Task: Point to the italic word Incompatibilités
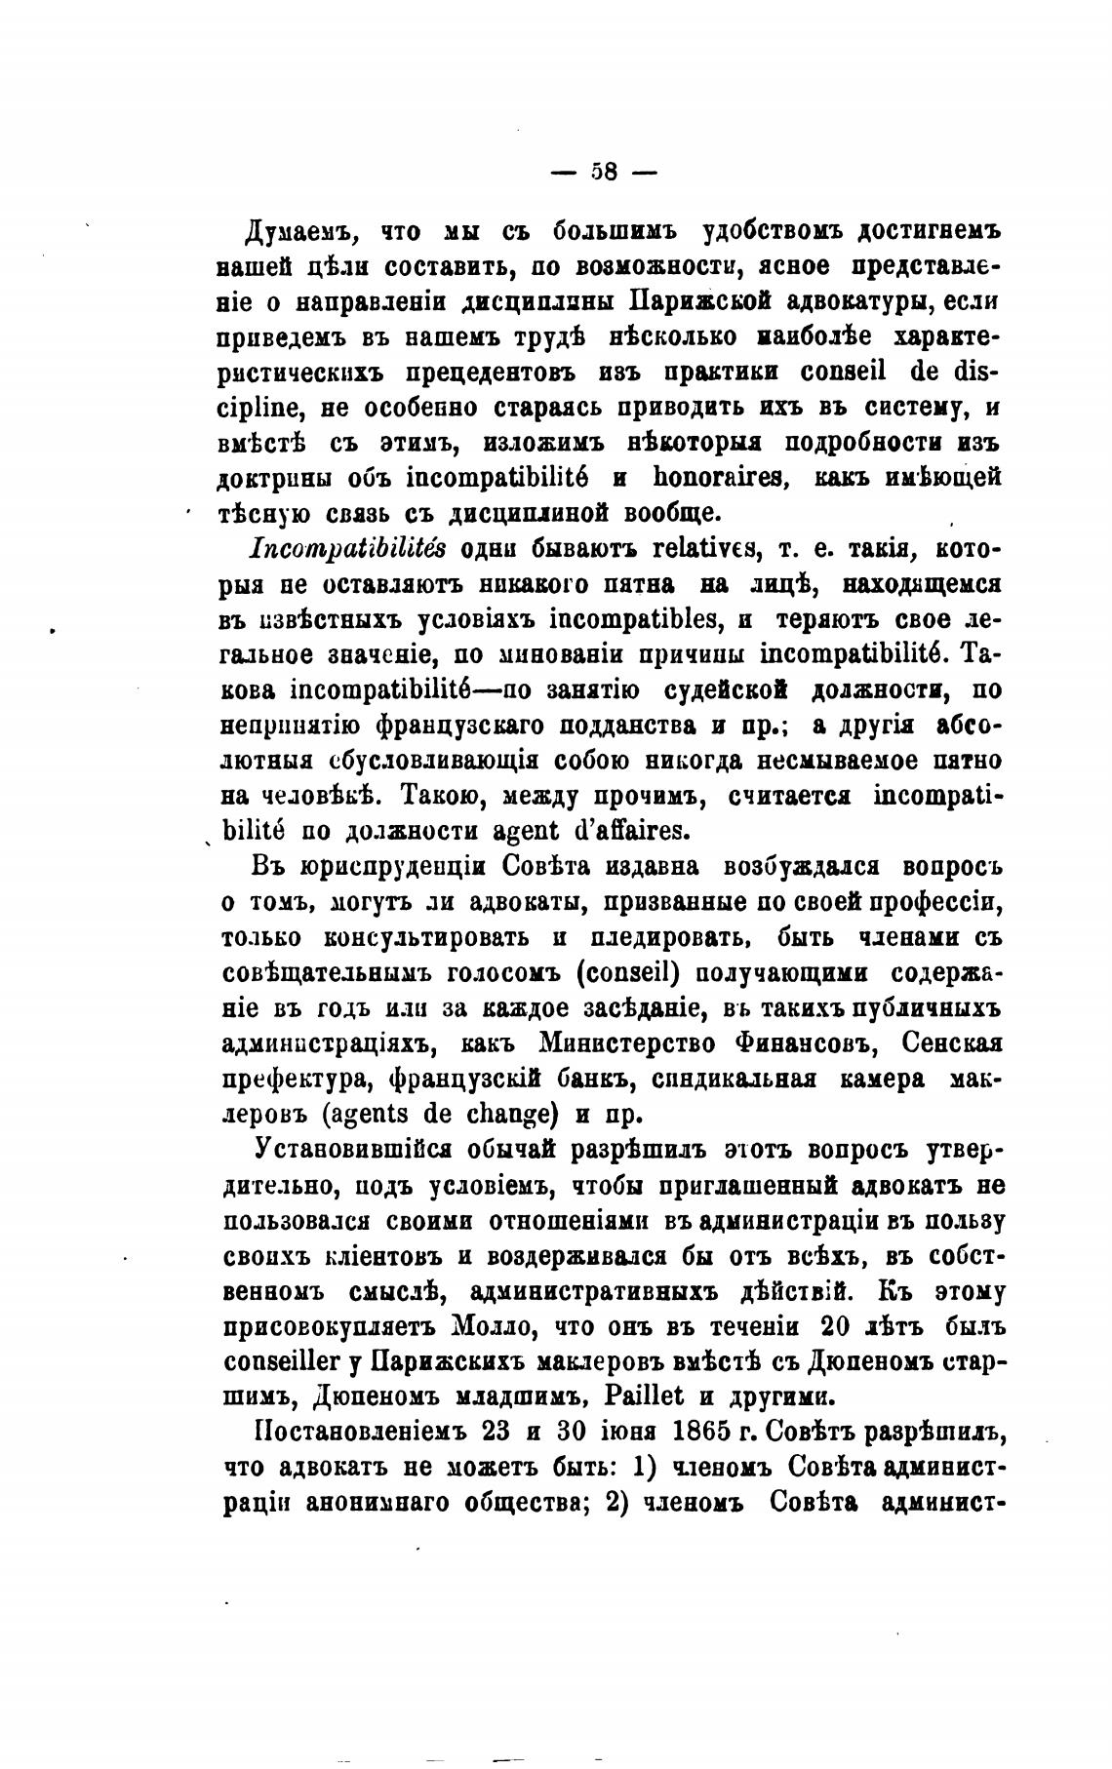(x=348, y=549)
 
